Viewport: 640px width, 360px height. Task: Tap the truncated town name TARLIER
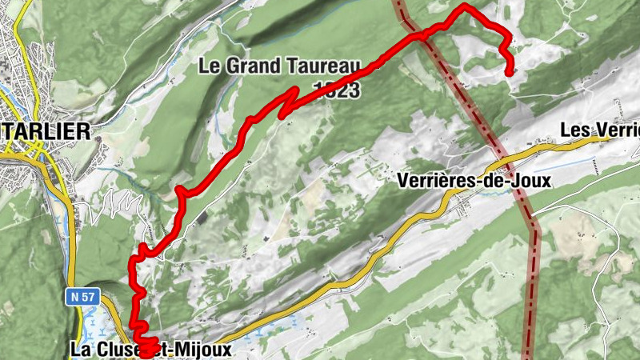(44, 132)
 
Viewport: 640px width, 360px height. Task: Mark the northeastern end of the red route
(510, 73)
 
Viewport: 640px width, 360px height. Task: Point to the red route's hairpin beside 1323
(297, 89)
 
